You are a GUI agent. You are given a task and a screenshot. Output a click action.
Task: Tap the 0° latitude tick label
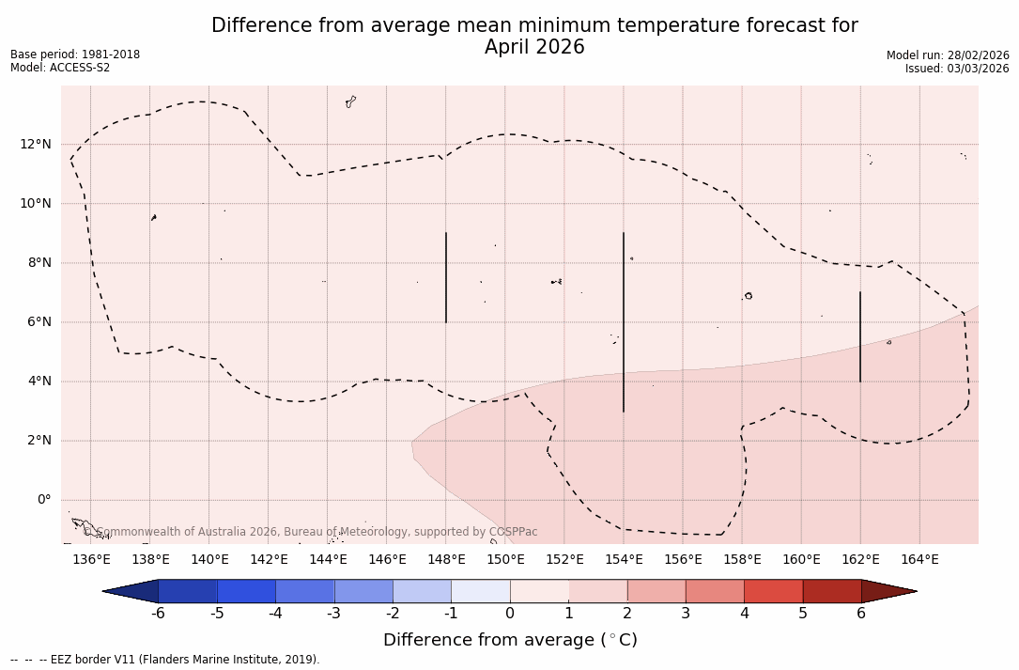[x=43, y=500]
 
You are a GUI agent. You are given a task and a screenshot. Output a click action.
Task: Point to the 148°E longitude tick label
[x=446, y=560]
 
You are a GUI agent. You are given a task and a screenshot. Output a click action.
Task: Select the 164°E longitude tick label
[x=919, y=560]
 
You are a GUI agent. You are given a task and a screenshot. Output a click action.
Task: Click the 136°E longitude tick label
[x=91, y=560]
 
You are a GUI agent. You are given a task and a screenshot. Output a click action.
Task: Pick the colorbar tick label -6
[x=158, y=614]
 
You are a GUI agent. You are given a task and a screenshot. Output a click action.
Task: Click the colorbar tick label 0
[x=510, y=614]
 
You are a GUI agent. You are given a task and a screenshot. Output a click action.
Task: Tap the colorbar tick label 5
[x=803, y=614]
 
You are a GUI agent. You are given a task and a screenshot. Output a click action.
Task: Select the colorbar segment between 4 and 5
[x=773, y=591]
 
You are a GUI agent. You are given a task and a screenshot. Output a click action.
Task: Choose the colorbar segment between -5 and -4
[x=246, y=591]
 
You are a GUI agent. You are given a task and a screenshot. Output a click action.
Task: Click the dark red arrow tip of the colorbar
[x=888, y=591]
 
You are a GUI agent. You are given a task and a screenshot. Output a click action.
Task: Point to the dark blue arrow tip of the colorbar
[x=131, y=591]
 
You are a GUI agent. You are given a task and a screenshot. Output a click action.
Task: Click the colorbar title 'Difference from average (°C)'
[x=510, y=640]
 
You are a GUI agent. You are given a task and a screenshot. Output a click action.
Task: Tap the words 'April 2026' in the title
[x=534, y=47]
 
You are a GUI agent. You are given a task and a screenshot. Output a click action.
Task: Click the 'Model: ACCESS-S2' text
[x=60, y=68]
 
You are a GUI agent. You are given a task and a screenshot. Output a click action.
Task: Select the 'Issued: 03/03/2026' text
[x=957, y=69]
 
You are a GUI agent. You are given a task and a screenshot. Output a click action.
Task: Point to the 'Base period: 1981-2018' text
[x=75, y=55]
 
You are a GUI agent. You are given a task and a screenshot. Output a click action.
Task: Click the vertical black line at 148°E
[x=446, y=277]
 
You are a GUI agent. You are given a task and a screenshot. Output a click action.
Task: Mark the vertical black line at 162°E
[x=860, y=336]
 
